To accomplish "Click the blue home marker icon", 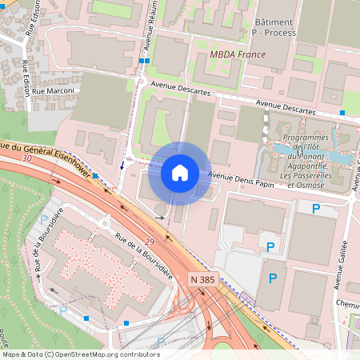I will [180, 172].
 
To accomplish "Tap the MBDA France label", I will [237, 54].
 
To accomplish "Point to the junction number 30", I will [28, 158].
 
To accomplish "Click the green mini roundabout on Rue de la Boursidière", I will [104, 224].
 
